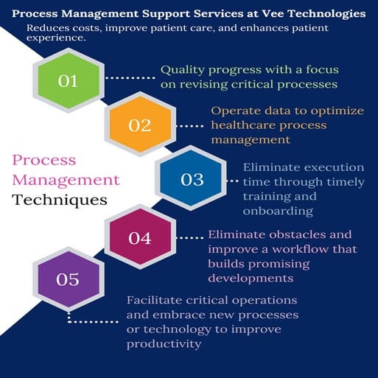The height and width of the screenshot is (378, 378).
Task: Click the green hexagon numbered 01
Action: pyautogui.click(x=69, y=80)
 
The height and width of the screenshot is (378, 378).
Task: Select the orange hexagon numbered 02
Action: pyautogui.click(x=139, y=125)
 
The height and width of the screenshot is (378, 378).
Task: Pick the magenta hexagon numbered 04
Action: pyautogui.click(x=139, y=237)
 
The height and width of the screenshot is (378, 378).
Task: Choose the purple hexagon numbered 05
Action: pyautogui.click(x=69, y=280)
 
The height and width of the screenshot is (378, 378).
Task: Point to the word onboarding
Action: pyautogui.click(x=278, y=211)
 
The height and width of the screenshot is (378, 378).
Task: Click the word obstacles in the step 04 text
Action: pyautogui.click(x=295, y=235)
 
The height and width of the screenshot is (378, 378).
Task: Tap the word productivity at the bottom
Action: pyautogui.click(x=163, y=344)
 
